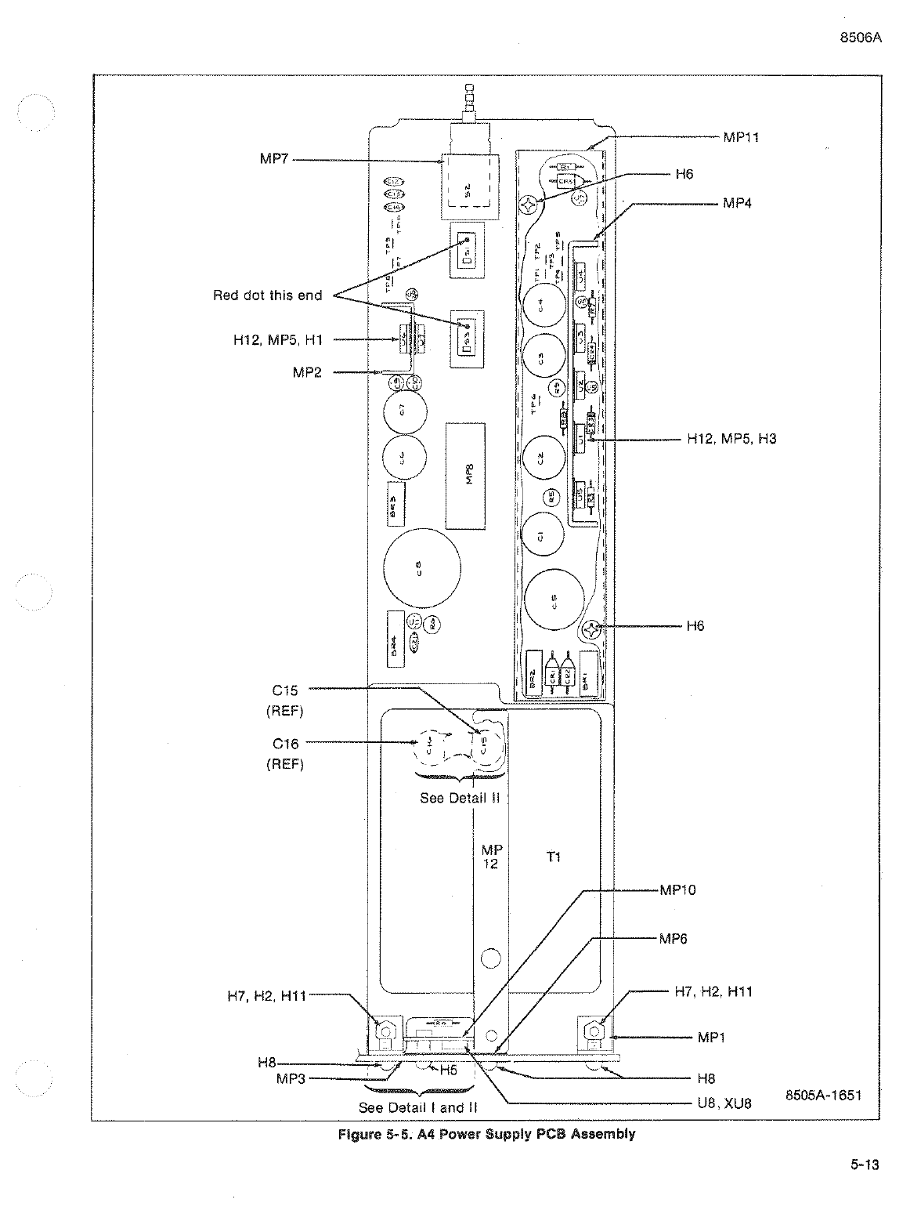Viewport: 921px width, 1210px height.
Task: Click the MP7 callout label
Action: point(274,159)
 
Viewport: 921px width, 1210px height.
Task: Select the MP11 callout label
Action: point(740,137)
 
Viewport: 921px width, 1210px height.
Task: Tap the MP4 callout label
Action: point(737,203)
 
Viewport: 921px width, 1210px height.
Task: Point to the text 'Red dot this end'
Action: point(267,295)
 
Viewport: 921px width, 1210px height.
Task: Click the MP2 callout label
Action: point(307,372)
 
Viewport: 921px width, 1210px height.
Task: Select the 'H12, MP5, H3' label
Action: point(731,439)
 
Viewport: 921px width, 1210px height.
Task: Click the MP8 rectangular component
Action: point(466,476)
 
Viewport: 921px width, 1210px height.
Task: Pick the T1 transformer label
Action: point(553,857)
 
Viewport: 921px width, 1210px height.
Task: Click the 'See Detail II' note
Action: point(460,798)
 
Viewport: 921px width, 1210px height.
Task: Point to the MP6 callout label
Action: point(673,939)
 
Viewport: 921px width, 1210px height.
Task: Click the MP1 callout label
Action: point(712,1038)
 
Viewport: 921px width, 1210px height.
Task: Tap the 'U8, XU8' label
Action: point(724,1103)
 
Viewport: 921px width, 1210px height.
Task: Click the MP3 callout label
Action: point(291,1078)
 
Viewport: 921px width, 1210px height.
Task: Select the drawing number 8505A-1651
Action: point(823,1095)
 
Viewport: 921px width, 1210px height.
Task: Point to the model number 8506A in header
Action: point(861,38)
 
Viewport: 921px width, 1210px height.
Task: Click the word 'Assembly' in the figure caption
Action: point(604,1134)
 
